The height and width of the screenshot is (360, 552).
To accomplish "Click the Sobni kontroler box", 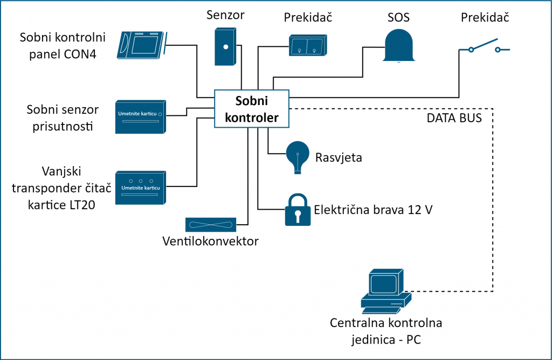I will tap(252, 109).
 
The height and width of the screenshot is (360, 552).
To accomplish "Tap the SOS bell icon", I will tap(399, 45).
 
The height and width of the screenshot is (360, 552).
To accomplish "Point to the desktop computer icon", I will tap(384, 291).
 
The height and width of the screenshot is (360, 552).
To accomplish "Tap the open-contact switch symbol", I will tap(484, 47).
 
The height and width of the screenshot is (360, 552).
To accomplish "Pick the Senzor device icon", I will tap(226, 47).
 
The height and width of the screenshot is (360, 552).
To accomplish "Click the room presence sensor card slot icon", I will tap(141, 116).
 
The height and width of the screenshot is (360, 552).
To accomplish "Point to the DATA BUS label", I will tap(454, 117).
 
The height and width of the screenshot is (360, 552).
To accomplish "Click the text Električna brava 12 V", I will tap(373, 210).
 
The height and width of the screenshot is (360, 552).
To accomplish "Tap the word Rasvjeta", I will tap(339, 158).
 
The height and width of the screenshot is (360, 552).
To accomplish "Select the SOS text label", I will tap(398, 17).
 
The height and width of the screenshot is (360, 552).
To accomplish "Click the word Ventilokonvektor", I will tap(210, 241).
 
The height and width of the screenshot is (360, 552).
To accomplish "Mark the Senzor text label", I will tap(225, 15).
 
